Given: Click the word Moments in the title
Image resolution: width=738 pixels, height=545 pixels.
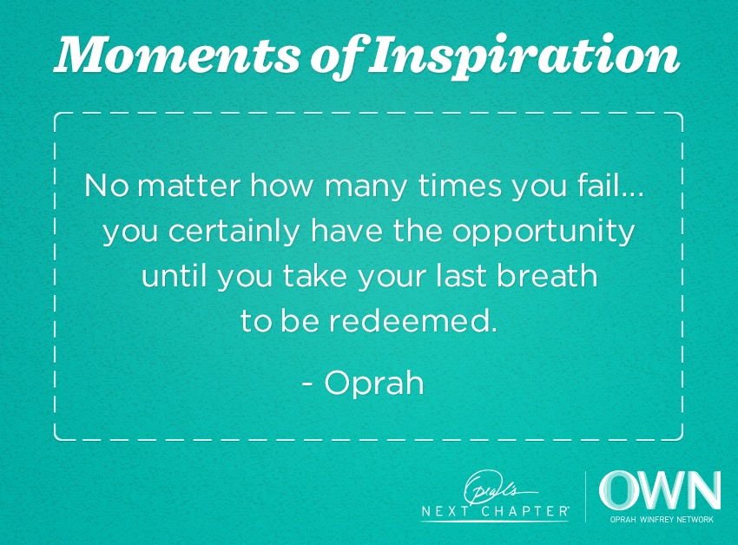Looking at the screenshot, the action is coord(177,56).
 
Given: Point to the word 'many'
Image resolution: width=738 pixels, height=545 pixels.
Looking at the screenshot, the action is coord(366,187).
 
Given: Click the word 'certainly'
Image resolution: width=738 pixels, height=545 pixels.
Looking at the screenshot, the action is coord(234,232).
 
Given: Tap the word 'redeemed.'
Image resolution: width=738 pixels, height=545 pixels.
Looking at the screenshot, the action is coord(412,320).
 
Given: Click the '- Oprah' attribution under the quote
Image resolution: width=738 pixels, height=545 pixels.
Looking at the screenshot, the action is coord(363,383).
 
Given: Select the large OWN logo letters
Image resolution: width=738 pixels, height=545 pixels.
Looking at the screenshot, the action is coord(660,490).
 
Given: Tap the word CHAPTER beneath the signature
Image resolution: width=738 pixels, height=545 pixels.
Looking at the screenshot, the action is coord(525,511).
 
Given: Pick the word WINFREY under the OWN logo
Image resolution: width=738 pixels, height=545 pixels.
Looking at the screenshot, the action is coord(656,520).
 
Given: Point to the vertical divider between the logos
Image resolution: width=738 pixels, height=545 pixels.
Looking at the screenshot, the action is coord(585,496).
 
